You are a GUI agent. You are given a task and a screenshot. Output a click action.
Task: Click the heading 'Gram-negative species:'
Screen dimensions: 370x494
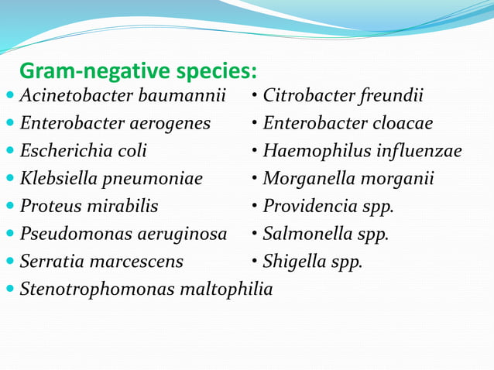click(137, 72)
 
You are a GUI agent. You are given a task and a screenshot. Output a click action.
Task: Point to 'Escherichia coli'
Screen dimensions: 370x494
click(84, 151)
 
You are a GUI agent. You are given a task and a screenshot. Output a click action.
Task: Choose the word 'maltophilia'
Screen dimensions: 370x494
click(226, 289)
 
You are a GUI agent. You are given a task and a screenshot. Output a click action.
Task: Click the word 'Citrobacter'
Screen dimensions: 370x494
click(310, 97)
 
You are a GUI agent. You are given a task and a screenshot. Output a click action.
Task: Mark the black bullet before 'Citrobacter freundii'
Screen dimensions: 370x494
click(255, 97)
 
